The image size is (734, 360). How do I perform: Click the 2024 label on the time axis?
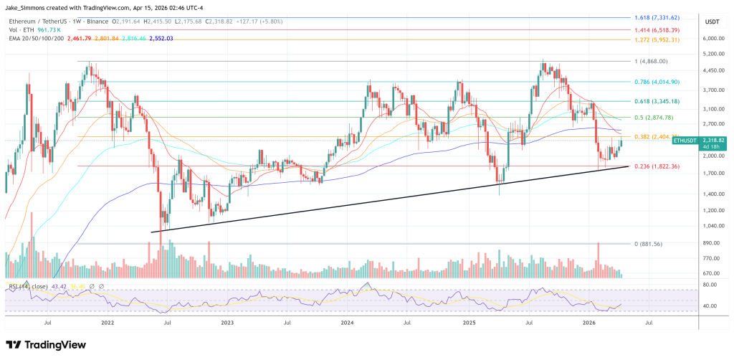pyautogui.click(x=348, y=323)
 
